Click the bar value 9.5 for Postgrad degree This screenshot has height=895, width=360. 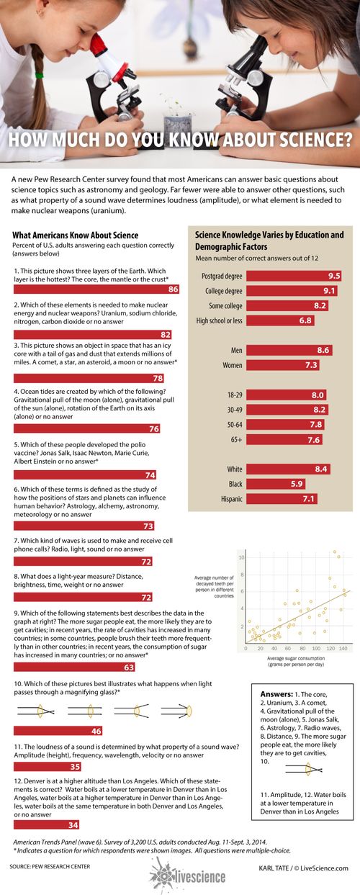[333, 276]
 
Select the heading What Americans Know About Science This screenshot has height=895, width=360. [76, 235]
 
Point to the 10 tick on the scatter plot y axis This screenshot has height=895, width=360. [243, 558]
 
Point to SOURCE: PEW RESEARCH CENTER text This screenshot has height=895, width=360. [50, 867]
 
